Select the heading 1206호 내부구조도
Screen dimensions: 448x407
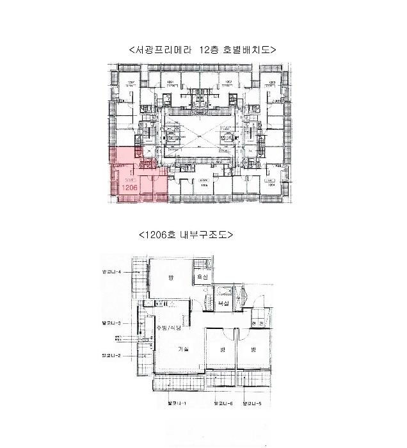pyautogui.click(x=186, y=234)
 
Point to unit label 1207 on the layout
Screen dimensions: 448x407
pyautogui.click(x=132, y=83)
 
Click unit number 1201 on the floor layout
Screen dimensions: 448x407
pyautogui.click(x=171, y=83)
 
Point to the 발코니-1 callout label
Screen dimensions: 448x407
pyautogui.click(x=176, y=404)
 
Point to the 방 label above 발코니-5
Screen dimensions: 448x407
pyautogui.click(x=253, y=350)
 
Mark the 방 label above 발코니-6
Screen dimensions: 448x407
pyautogui.click(x=221, y=350)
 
